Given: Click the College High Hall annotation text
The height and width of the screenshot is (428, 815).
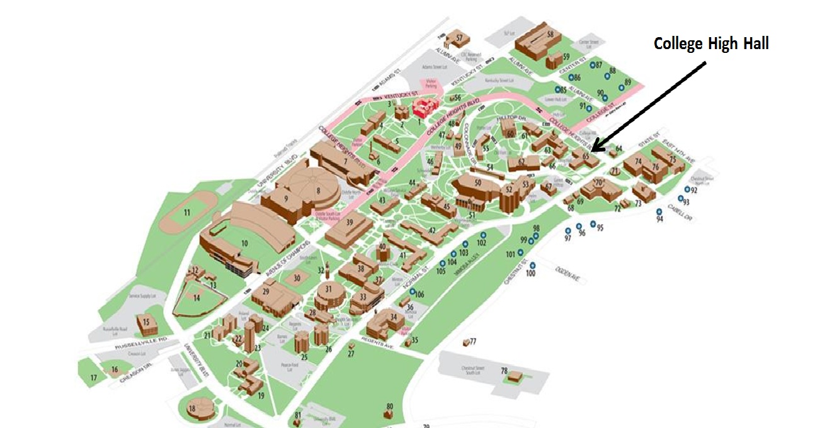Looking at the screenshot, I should pos(711,44).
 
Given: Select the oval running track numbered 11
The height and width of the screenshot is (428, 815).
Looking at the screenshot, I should pos(186,212).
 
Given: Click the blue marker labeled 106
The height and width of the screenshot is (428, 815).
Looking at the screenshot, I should pos(413,293).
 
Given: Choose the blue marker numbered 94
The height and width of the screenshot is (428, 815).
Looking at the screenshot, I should pos(659,211).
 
